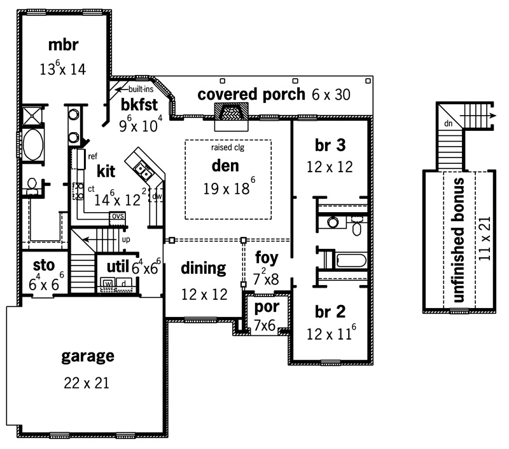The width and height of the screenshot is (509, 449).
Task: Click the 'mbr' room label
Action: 63,45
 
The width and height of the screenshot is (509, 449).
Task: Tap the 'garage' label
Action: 88,356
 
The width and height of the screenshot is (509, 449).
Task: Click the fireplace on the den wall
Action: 231,114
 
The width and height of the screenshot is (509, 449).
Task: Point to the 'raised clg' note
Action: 228,147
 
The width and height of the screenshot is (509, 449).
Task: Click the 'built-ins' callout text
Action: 141,89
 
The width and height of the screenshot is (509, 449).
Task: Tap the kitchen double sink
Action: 143,171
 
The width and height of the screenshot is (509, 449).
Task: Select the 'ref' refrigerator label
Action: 92,156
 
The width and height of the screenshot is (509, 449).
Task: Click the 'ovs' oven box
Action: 118,216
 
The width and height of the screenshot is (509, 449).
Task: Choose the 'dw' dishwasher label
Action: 157,196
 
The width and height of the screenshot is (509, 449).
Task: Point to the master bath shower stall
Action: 32,116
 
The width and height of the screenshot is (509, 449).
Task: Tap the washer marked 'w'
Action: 108,283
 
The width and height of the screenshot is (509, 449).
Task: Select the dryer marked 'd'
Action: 124,283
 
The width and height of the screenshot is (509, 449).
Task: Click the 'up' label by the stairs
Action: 126,239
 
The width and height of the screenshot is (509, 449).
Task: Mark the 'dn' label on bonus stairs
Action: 449,123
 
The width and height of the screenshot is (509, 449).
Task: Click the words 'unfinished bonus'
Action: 458,240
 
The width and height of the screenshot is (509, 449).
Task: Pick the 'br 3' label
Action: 330,145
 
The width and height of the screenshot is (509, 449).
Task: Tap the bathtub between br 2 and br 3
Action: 352,260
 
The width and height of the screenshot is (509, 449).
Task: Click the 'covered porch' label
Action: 251,95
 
